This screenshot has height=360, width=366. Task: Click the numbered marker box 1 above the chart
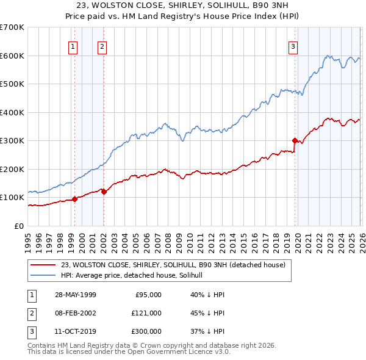click(x=73, y=46)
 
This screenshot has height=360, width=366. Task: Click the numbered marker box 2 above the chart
click(x=102, y=46)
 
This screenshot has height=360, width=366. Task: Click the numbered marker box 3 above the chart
click(x=293, y=46)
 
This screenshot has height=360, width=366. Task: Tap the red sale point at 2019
click(x=295, y=140)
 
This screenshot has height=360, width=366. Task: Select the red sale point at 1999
click(x=75, y=198)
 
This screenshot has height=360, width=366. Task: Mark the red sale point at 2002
click(x=104, y=191)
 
